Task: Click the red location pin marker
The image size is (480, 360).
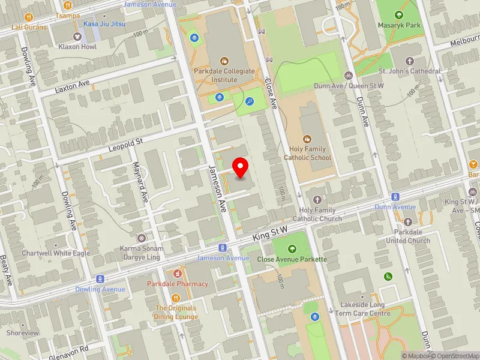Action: click(x=241, y=167)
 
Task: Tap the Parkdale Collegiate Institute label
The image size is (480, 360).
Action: click(x=224, y=74)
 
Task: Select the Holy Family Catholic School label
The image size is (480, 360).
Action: click(x=307, y=153)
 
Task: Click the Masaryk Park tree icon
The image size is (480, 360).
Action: click(x=400, y=14)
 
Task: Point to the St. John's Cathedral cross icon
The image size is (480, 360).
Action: click(x=410, y=61)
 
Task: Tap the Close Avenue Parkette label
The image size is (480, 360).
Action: click(x=292, y=259)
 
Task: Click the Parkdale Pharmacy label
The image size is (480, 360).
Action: click(x=178, y=284)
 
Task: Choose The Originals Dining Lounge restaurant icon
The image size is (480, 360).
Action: click(x=176, y=298)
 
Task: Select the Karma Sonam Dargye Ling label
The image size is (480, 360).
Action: click(x=141, y=252)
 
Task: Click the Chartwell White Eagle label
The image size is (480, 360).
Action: click(x=56, y=253)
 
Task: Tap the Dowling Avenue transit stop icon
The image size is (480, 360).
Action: click(x=100, y=279)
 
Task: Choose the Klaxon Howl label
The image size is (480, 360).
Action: click(x=77, y=46)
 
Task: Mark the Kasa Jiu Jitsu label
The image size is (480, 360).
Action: click(x=100, y=23)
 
